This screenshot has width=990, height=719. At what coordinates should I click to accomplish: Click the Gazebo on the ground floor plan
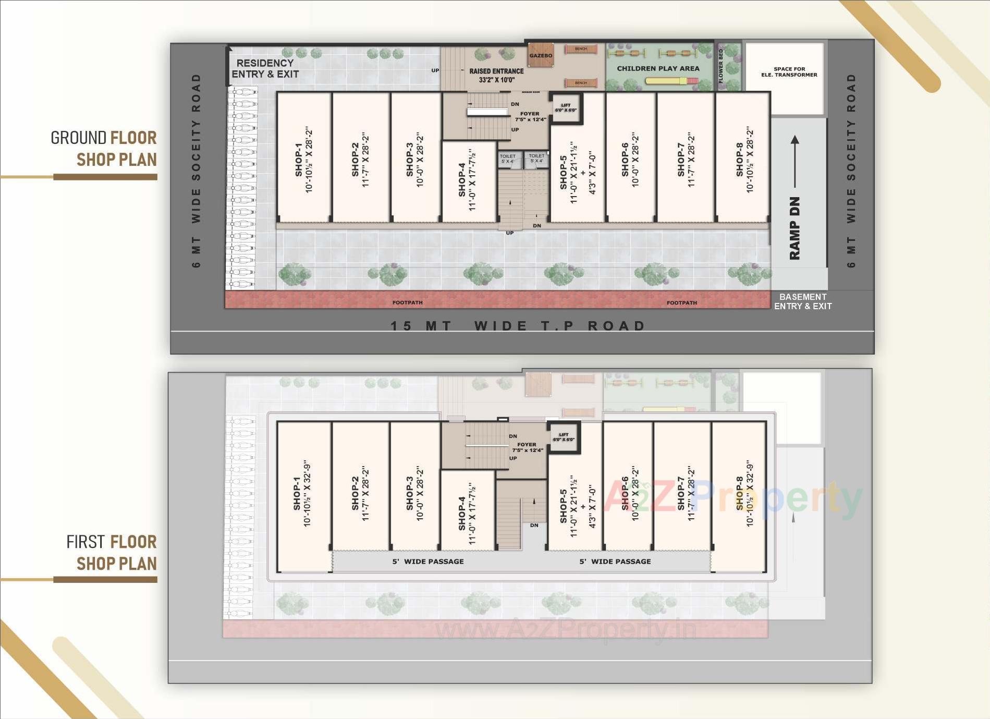(x=540, y=55)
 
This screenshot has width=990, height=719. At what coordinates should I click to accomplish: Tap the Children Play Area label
(x=658, y=68)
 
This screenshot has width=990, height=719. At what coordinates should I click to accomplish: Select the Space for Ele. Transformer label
(x=789, y=72)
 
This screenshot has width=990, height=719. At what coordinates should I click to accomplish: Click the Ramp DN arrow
(x=795, y=162)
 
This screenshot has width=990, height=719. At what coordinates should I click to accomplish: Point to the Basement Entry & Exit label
(x=802, y=301)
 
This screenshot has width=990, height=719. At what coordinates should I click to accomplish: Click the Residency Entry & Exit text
(x=265, y=69)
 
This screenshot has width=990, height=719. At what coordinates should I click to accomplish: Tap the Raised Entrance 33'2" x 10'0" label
(x=496, y=75)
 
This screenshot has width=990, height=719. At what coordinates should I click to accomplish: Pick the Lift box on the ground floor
(x=566, y=108)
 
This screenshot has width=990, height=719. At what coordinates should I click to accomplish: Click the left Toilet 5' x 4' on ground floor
(x=507, y=159)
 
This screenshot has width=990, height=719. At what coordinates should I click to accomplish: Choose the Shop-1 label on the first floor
(x=302, y=494)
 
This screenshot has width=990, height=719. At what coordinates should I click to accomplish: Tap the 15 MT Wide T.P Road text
(x=518, y=326)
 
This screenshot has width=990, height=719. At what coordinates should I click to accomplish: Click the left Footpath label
(x=407, y=302)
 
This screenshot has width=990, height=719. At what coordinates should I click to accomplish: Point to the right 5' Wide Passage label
(x=615, y=562)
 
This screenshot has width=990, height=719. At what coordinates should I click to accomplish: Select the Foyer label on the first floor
(x=527, y=447)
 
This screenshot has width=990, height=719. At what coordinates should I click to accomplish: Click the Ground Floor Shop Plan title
(x=104, y=149)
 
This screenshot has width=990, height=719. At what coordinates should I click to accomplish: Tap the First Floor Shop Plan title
(x=111, y=553)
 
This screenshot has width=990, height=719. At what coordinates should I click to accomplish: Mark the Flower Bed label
(x=721, y=66)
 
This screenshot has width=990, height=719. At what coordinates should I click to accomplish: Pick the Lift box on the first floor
(x=564, y=437)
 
